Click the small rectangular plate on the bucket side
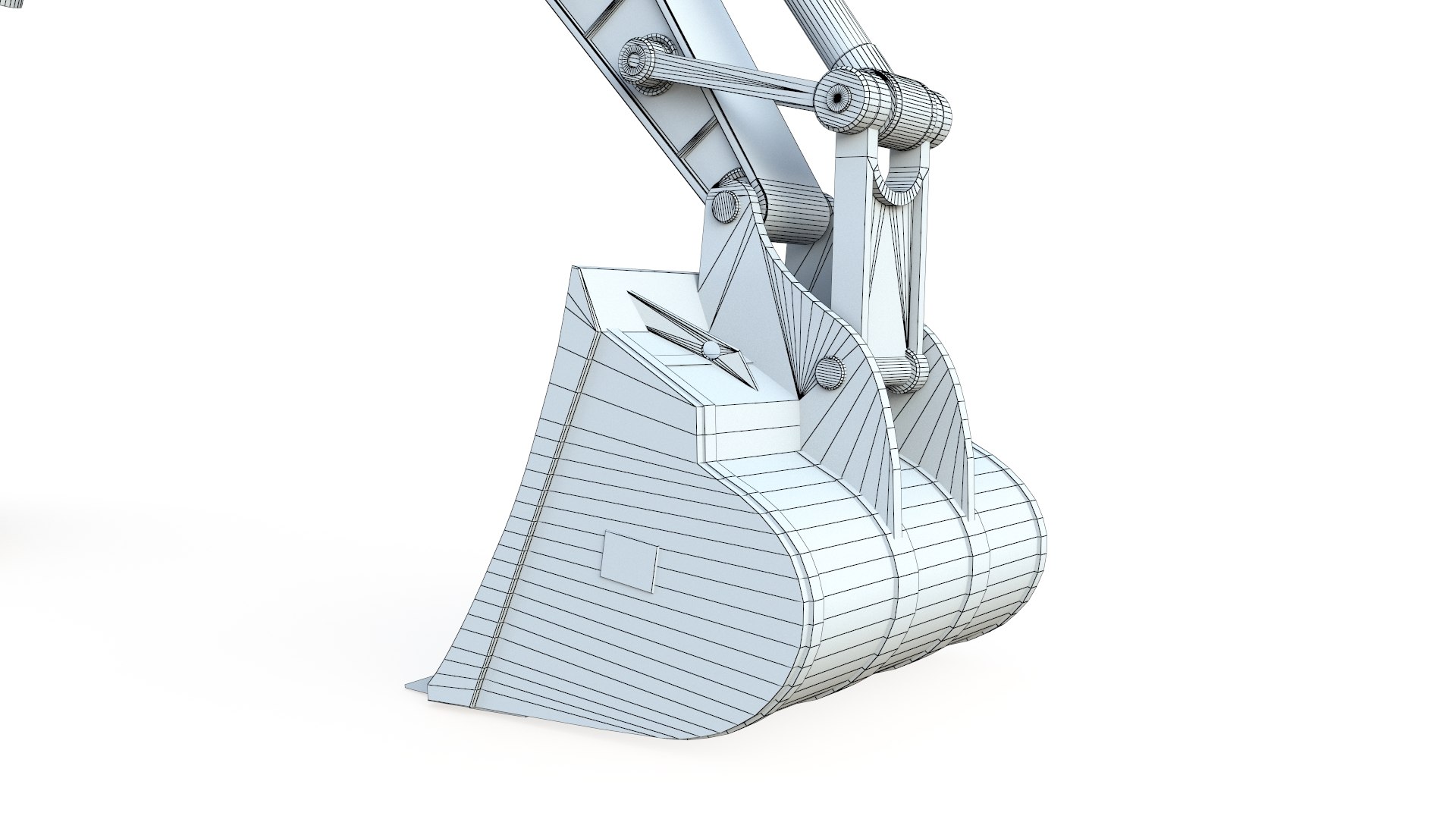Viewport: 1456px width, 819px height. pos(629,561)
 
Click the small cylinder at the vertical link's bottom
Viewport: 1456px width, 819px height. pos(907,372)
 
